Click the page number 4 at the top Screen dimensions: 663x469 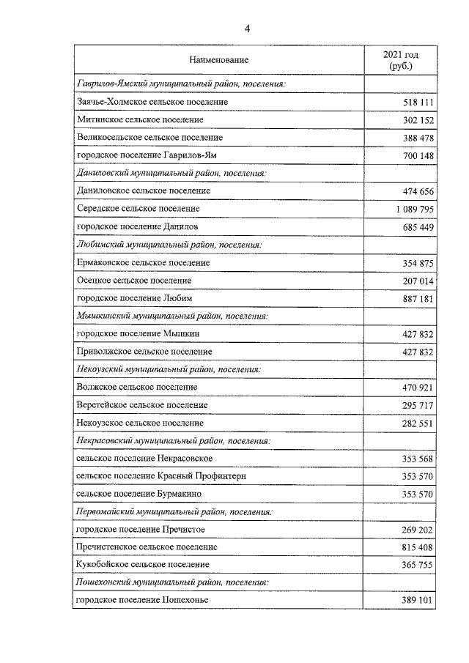coord(247,29)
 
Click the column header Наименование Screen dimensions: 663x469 coord(219,59)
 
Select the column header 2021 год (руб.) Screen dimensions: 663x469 coord(401,59)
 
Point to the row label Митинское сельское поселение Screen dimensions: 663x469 coord(140,119)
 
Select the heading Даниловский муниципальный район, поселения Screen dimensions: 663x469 coord(171,173)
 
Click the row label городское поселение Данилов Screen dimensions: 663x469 coord(139,226)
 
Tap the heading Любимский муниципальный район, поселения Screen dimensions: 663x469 coord(169,244)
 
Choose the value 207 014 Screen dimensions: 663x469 coord(418,280)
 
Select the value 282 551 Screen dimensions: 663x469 coord(418,423)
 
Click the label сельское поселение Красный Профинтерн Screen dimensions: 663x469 coord(160,476)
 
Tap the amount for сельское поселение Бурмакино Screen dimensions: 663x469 coord(418,495)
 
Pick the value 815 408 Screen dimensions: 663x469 coord(418,547)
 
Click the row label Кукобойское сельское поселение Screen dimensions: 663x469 coord(143,565)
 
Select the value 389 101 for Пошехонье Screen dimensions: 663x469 coord(418,601)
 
